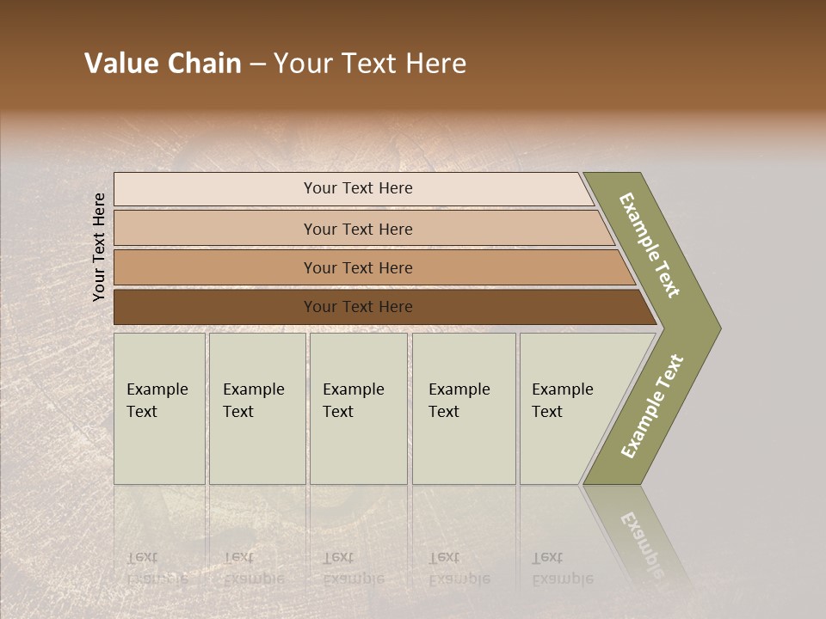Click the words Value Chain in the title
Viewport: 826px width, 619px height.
[x=163, y=64]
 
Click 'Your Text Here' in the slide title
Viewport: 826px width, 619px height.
[x=370, y=64]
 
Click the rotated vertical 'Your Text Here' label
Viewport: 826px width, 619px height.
[x=99, y=247]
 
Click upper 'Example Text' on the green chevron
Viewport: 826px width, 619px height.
[x=650, y=245]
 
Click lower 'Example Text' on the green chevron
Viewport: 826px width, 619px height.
[x=651, y=407]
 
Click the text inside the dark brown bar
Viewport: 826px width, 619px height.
[x=358, y=307]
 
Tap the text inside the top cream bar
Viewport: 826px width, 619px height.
[x=358, y=188]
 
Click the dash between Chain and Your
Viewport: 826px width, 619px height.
[x=257, y=64]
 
